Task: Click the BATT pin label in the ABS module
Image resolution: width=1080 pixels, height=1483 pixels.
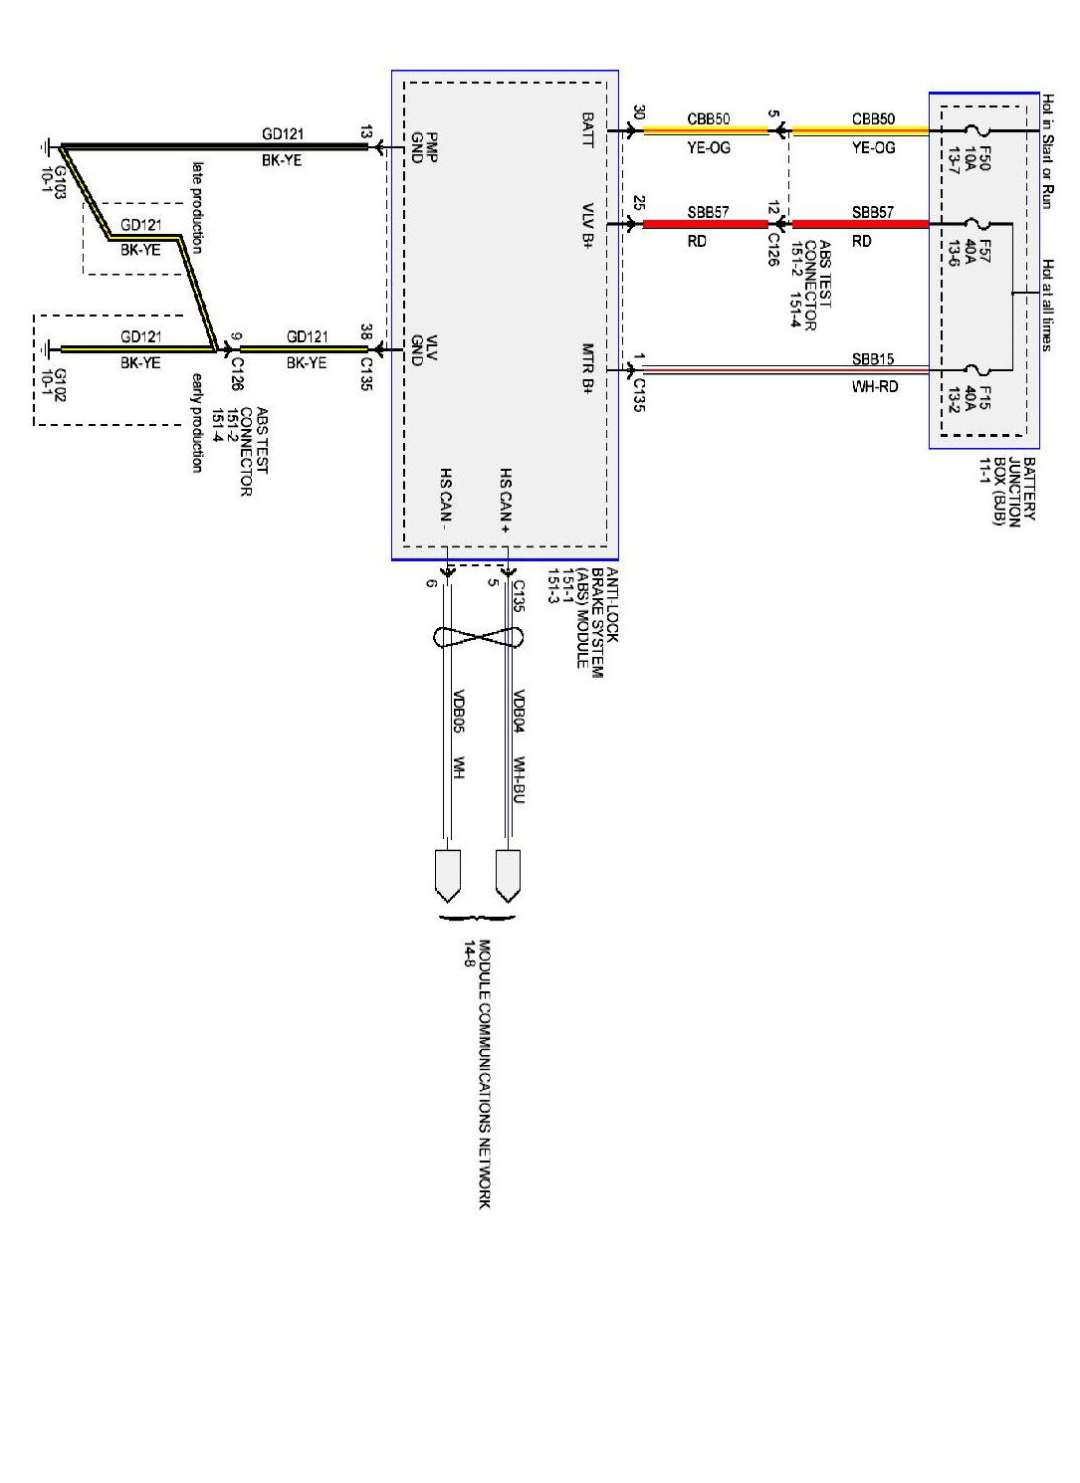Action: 587,129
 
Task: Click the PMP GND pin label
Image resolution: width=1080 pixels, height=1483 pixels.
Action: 424,147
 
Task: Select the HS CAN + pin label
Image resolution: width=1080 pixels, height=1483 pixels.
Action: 506,501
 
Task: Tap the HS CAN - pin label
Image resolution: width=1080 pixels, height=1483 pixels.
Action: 445,496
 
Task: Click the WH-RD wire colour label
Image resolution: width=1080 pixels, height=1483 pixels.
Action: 874,386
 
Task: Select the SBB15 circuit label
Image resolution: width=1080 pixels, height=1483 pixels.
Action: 873,359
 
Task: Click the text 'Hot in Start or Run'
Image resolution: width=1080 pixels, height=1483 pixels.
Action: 1047,151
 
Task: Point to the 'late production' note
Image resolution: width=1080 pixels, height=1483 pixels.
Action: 197,207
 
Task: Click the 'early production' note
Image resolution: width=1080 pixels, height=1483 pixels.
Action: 197,422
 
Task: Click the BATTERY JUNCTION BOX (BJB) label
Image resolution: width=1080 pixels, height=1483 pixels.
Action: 1006,491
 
